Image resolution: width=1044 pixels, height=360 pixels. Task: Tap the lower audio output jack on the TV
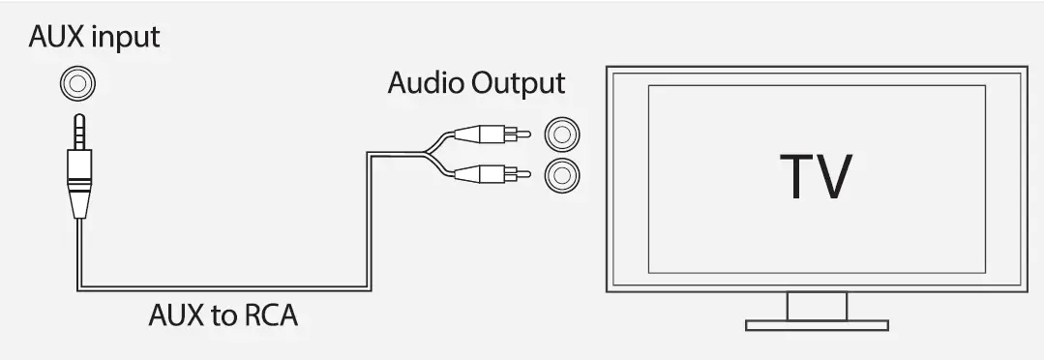[x=562, y=174]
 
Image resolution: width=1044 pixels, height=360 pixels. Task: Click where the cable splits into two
[x=425, y=154]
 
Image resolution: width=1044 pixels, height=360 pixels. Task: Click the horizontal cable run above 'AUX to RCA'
[x=223, y=286]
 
